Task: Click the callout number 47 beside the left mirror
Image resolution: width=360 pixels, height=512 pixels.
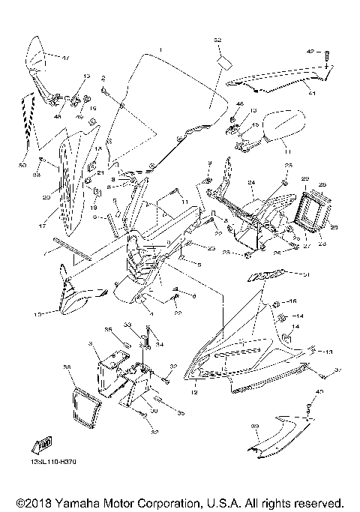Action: (64, 58)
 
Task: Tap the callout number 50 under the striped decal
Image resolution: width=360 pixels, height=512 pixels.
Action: (22, 164)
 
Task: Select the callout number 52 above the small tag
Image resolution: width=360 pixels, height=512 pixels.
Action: (217, 39)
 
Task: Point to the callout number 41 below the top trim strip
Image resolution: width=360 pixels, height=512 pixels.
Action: (311, 94)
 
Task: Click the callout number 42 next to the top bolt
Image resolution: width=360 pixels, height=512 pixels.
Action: (311, 52)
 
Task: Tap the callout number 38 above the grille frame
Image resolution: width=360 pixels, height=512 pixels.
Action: (67, 367)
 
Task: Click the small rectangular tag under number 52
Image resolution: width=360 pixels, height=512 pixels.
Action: (223, 59)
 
